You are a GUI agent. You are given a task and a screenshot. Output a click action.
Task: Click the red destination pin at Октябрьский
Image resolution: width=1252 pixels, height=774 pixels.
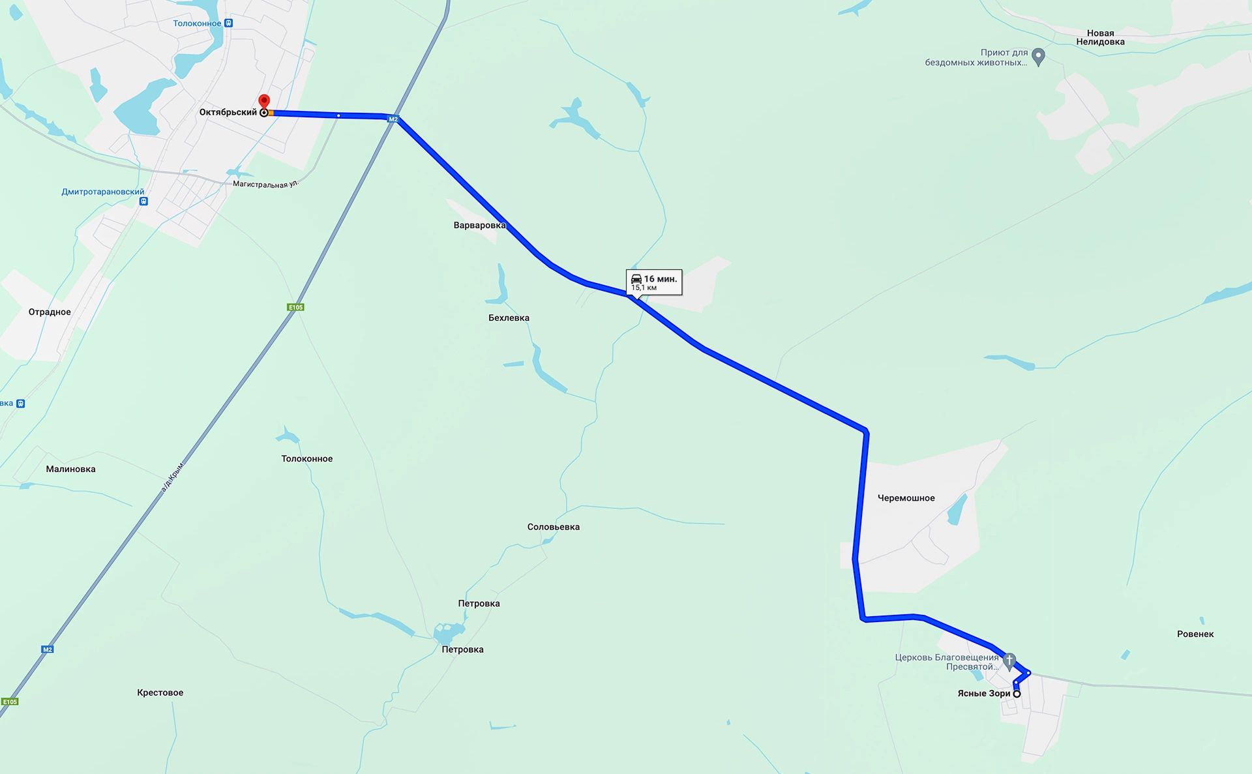pos(264,102)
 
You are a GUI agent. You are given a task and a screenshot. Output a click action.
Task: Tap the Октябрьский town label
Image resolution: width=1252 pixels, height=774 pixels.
pos(228,112)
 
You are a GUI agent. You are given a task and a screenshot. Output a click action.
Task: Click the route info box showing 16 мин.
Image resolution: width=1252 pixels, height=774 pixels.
pos(654,282)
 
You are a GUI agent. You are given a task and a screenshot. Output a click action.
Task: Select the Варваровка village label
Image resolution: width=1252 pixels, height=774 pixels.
pos(479,226)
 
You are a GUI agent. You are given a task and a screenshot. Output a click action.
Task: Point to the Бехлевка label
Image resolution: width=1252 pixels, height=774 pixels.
pos(509,318)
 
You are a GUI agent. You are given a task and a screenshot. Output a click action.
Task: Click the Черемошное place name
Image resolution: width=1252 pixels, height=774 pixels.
pos(906,498)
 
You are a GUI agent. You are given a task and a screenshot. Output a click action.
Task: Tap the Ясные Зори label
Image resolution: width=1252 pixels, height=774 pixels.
pos(983,693)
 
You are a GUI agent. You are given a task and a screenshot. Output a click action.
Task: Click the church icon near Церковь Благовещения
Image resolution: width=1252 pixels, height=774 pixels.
pos(1009,660)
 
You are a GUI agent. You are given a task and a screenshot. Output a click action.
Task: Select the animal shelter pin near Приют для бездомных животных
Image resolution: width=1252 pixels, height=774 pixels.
pos(1039,57)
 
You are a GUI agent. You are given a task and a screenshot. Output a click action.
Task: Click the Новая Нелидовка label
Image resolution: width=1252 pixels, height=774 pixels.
pos(1100,38)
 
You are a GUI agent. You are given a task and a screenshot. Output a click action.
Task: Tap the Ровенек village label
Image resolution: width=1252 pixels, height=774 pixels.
pos(1195,634)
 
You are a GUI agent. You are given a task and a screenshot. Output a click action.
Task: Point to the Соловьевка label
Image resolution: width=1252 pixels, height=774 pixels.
pos(553,527)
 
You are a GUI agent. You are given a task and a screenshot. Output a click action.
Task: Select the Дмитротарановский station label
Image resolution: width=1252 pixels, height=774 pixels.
pos(103,192)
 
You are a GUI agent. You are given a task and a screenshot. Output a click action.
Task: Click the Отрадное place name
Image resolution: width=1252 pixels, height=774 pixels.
pos(50,312)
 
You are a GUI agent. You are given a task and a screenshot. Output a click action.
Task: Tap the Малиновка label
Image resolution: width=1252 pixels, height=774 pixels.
pos(70,469)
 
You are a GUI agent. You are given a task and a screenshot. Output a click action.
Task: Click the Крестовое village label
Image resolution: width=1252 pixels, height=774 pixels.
pos(160,692)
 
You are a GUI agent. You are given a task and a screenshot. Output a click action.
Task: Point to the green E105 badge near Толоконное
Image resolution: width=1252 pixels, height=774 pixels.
pos(295,307)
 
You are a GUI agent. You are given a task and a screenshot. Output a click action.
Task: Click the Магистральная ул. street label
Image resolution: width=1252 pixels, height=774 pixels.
pos(265,185)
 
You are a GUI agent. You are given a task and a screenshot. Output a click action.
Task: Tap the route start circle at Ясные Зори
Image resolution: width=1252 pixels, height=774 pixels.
pos(1017,694)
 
